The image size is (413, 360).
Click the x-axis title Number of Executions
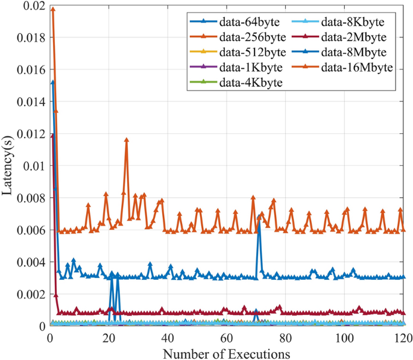227,352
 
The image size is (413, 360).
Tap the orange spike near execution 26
127,139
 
